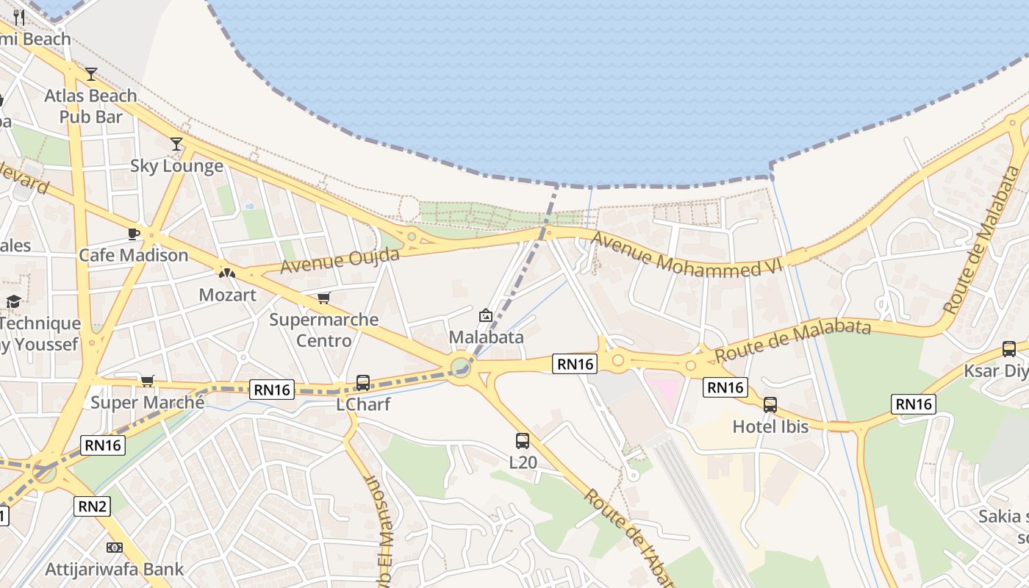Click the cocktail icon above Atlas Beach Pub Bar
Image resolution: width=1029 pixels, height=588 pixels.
point(91,73)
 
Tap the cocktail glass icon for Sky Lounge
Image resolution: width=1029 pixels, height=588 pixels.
point(176,143)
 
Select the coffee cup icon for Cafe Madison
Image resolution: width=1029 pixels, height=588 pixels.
point(133,234)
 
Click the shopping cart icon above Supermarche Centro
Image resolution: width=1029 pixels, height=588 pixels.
point(323,298)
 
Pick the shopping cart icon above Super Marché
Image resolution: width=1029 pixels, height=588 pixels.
point(147,381)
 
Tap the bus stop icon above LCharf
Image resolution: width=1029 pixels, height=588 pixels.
point(363,382)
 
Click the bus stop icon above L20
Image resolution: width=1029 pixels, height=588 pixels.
point(523,441)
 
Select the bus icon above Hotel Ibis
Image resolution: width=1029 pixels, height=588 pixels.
point(770,404)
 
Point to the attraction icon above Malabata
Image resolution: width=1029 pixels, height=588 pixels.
point(486,315)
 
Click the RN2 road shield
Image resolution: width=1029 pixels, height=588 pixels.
point(92,506)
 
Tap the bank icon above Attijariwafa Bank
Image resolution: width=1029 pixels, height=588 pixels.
point(114,548)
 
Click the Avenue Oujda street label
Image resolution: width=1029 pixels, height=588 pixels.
point(340,260)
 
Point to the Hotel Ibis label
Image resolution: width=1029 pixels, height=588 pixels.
point(770,426)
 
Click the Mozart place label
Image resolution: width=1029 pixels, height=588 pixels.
point(228,295)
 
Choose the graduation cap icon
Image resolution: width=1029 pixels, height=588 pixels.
point(13,301)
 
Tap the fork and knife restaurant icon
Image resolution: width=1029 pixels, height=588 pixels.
point(19,18)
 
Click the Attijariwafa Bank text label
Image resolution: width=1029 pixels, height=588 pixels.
point(115,569)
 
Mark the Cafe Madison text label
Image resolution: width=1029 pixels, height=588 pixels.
point(134,255)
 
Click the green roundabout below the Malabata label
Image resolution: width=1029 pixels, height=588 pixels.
point(461,365)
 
